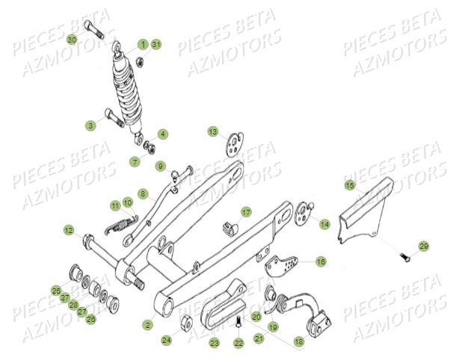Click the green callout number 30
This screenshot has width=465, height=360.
coord(72,39)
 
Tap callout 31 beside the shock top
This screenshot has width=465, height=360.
coord(156,45)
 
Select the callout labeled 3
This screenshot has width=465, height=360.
coord(90,125)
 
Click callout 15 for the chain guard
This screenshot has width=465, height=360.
coord(349,184)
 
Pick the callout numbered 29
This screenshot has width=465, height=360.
coord(423,246)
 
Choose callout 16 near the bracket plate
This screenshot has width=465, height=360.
coord(321,261)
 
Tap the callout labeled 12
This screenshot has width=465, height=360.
coord(68,230)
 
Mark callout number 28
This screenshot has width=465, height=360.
coord(73,305)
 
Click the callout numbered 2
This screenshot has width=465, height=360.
coord(148,325)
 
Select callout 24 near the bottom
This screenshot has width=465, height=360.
coord(166,340)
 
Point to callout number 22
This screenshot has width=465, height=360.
coord(238,343)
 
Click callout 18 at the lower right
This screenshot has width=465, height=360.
coord(299,341)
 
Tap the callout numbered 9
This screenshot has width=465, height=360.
coord(160,165)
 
